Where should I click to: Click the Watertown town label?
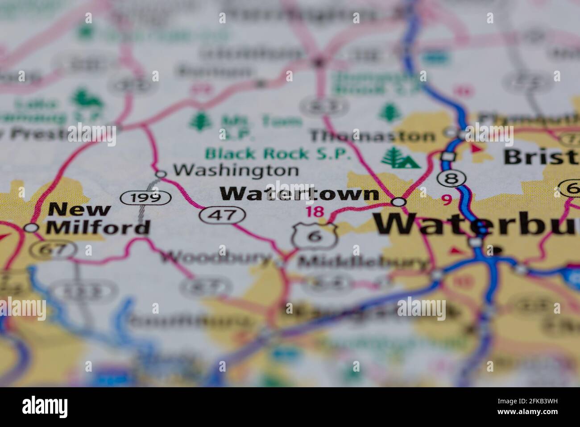point(299,194)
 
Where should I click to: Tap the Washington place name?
point(236,170)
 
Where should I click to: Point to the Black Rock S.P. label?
point(278,154)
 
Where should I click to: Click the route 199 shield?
point(146,197)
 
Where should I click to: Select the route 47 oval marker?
point(223,215)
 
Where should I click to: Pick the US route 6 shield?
point(315,235)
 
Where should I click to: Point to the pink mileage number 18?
point(315,212)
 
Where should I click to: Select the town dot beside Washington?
point(161,174)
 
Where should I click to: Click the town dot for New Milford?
point(31,228)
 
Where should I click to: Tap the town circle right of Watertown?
point(398,202)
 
